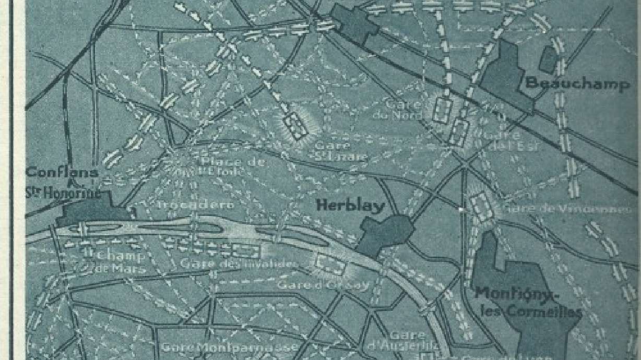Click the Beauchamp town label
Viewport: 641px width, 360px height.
(x=577, y=83)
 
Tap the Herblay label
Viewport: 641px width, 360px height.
(x=350, y=205)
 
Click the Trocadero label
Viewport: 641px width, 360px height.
(x=195, y=205)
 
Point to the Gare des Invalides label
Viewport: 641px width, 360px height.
(x=239, y=264)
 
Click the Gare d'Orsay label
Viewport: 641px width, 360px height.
(x=323, y=285)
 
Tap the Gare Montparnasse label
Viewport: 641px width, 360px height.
(x=230, y=346)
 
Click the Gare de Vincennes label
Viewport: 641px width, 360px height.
(x=565, y=209)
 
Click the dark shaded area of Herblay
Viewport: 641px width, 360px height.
(x=385, y=233)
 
